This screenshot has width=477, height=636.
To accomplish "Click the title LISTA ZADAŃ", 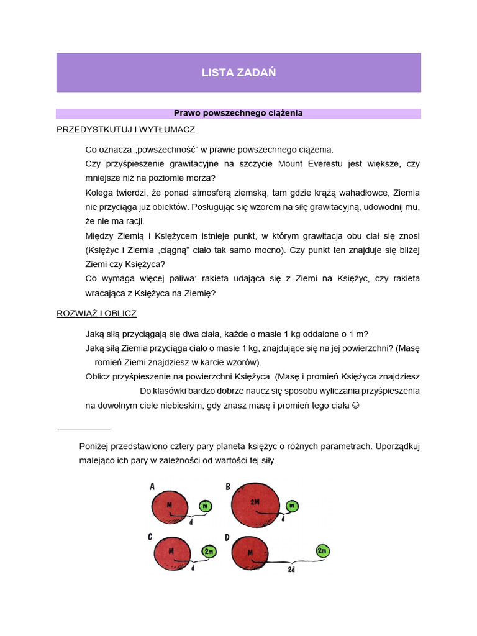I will click(238, 73).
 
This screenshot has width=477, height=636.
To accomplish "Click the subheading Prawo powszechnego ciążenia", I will click(238, 113).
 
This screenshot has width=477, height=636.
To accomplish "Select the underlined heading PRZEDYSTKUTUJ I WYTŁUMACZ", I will click(125, 130).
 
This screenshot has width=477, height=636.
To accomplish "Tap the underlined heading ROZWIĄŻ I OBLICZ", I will click(96, 314).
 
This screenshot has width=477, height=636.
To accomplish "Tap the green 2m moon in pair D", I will click(322, 551).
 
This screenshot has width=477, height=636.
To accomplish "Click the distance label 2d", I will click(291, 568).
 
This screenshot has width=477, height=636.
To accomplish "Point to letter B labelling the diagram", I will click(228, 487).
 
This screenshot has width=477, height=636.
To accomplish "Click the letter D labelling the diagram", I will click(228, 537).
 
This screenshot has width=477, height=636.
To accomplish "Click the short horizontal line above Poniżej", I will click(83, 429).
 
